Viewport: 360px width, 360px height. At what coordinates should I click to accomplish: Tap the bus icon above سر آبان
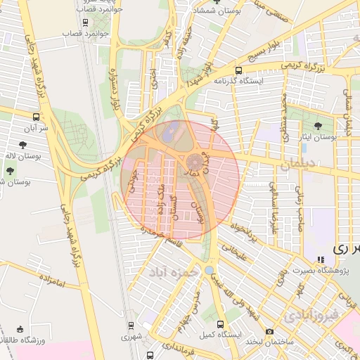pyautogui.click(x=36, y=116)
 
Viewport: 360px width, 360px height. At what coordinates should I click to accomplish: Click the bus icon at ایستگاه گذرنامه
pyautogui.click(x=239, y=70)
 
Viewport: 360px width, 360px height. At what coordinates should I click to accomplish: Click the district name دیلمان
pyautogui.click(x=304, y=166)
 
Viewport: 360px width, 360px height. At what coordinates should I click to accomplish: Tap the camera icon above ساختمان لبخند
pyautogui.click(x=270, y=331)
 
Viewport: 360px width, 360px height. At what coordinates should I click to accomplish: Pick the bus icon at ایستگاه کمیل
pyautogui.click(x=221, y=324)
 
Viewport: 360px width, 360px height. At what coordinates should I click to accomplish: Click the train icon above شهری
pyautogui.click(x=131, y=326)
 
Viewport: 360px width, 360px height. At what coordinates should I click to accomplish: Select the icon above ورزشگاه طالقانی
pyautogui.click(x=20, y=329)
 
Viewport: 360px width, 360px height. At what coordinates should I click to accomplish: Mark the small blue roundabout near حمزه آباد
pyautogui.click(x=209, y=269)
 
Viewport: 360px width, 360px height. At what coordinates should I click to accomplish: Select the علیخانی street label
pyautogui.click(x=236, y=252)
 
